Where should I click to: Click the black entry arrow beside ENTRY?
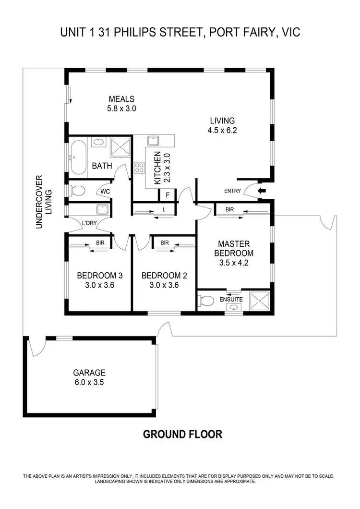[x=261, y=191]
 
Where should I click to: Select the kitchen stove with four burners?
[x=140, y=168]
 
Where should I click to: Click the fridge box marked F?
[x=168, y=195]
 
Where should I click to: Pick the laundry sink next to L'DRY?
[x=101, y=209]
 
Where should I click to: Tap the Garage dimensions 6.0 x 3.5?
[x=89, y=383]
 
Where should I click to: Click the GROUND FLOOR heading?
[x=182, y=435]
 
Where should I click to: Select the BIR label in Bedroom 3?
[x=100, y=243]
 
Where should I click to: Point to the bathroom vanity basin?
[x=98, y=142]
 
